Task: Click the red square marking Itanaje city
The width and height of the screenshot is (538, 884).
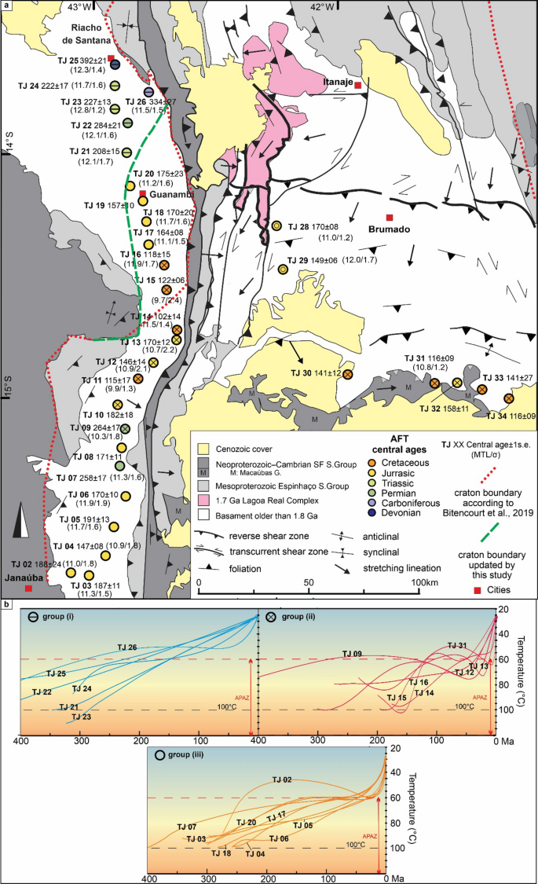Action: pos(357,84)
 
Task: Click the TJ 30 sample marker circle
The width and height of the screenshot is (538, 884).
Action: pos(347,374)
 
